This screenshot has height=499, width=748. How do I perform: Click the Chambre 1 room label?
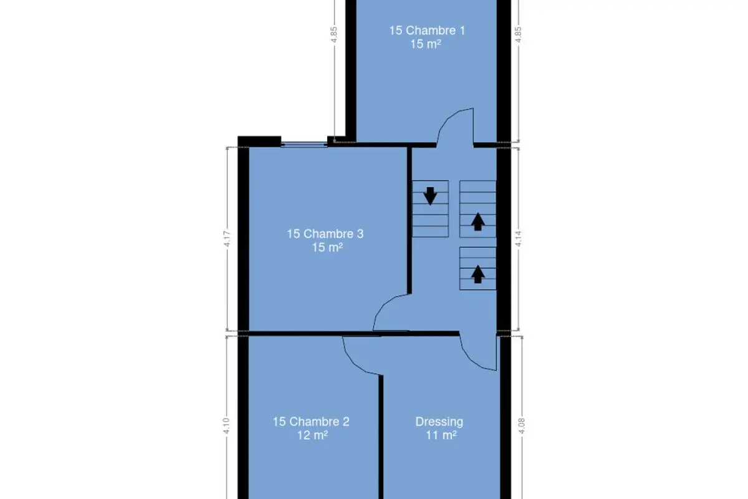click(427, 31)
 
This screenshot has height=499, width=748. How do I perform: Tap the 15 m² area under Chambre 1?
click(425, 44)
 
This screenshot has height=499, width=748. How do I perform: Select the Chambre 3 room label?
click(325, 234)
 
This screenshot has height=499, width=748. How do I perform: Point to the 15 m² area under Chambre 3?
click(327, 248)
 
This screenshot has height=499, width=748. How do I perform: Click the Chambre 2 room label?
click(311, 422)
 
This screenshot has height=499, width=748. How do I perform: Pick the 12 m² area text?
click(312, 435)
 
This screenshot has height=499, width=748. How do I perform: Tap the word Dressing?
click(439, 422)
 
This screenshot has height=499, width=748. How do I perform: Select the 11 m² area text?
click(441, 435)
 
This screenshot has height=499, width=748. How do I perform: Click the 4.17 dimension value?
click(227, 239)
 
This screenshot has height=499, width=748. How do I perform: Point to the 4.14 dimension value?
click(518, 239)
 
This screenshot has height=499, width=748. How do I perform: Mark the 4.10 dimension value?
click(226, 426)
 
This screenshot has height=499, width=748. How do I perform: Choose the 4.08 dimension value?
click(522, 426)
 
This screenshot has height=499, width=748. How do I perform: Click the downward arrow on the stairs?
click(430, 196)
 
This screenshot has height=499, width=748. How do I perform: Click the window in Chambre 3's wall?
click(304, 144)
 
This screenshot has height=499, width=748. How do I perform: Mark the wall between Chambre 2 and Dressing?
click(381, 437)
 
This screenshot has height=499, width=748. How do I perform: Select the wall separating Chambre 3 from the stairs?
click(410, 221)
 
